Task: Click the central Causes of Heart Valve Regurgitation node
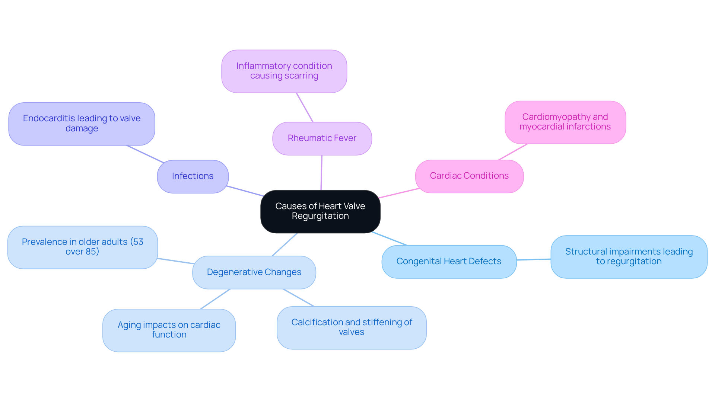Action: pos(320,211)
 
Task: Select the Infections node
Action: pos(193,176)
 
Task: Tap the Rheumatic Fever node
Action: pos(322,138)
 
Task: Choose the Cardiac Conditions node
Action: pos(469,176)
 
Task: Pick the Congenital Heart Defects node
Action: pos(449,262)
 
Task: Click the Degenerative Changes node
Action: pos(254,272)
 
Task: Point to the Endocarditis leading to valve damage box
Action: pos(82,124)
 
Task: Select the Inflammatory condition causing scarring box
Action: pos(284,71)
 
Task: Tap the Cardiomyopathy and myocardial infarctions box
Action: pos(565,122)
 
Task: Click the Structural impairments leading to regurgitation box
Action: pos(629,257)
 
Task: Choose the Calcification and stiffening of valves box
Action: pos(352,327)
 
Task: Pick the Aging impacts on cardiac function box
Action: pos(169,330)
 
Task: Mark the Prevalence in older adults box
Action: pos(82,247)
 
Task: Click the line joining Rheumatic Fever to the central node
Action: pos(321,173)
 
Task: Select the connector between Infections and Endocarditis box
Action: pos(145,154)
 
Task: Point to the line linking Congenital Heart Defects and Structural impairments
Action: pos(534,259)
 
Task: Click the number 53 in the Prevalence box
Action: pos(138,242)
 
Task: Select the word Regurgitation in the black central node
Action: pos(320,216)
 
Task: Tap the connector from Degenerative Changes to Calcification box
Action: pos(299,298)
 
